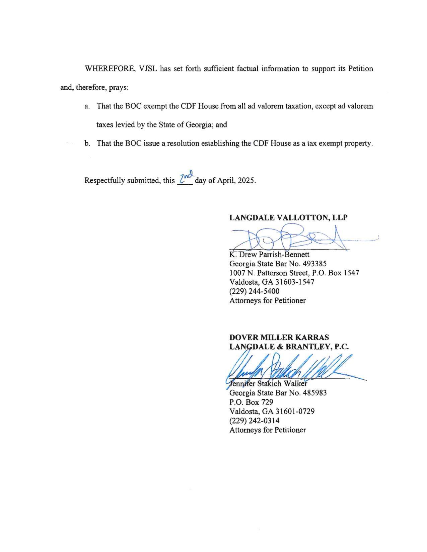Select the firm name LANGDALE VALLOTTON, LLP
(288, 217)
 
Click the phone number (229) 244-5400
(254, 291)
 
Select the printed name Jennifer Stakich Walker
(268, 383)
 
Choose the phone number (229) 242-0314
(254, 421)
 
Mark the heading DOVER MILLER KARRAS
(279, 337)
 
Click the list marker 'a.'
(87, 106)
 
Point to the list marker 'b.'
(87, 144)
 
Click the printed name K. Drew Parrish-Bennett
(269, 254)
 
